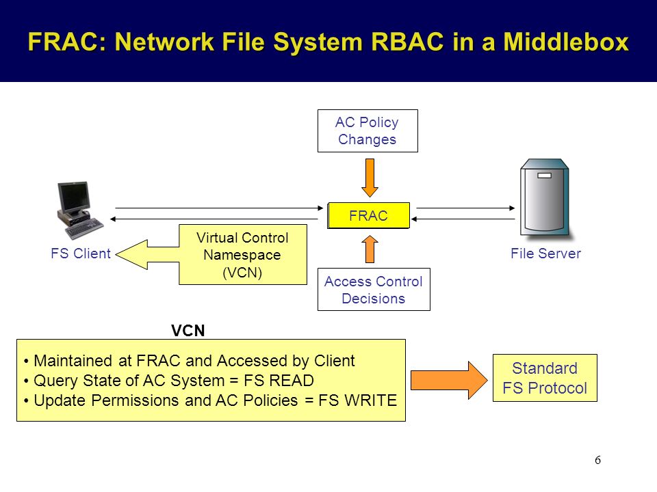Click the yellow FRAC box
pyautogui.click(x=368, y=215)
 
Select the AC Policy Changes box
pyautogui.click(x=368, y=131)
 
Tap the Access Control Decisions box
pyautogui.click(x=374, y=290)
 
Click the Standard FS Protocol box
pyautogui.click(x=545, y=378)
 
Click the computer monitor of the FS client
pyautogui.click(x=74, y=197)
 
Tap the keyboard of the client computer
pyautogui.click(x=84, y=228)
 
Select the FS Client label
pyautogui.click(x=81, y=254)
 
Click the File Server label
pyautogui.click(x=545, y=254)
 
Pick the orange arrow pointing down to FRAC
pyautogui.click(x=370, y=178)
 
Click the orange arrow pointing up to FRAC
pyautogui.click(x=370, y=249)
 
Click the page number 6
pyautogui.click(x=597, y=460)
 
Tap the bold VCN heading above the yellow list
pyautogui.click(x=188, y=331)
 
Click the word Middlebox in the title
pyautogui.click(x=566, y=42)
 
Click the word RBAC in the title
pyautogui.click(x=407, y=42)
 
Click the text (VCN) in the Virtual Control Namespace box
pyautogui.click(x=242, y=273)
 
